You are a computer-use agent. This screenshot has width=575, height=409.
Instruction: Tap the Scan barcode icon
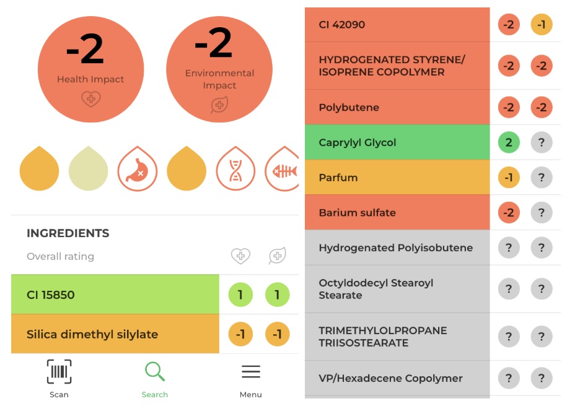pos(59,372)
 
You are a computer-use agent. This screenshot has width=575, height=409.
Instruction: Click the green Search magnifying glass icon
pos(155,371)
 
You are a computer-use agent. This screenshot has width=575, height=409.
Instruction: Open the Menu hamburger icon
pos(251,371)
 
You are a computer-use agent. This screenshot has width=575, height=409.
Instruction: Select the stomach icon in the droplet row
pos(137,169)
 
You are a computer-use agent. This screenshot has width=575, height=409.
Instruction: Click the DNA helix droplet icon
pos(235,169)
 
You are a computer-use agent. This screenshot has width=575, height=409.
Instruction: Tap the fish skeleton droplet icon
pos(282,169)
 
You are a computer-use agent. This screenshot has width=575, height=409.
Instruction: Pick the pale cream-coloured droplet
pos(89,169)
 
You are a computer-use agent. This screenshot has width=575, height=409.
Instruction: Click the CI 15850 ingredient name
pos(51,295)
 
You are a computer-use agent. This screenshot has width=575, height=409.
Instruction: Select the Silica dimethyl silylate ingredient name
pos(92,334)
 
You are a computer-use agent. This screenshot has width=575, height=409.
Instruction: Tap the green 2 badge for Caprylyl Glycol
pos(509,142)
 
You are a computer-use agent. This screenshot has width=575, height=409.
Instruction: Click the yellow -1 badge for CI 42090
pos(542,25)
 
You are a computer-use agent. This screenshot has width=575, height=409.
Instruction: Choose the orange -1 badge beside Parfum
pos(509,178)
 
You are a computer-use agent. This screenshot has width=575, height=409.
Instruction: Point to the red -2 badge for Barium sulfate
pos(509,212)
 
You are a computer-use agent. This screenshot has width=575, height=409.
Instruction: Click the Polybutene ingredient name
pos(349,108)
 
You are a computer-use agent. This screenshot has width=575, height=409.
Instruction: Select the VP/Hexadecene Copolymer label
pos(390,378)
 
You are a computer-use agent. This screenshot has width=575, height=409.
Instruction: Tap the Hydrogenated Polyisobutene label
pos(396,248)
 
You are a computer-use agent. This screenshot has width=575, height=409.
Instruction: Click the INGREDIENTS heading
pos(68,233)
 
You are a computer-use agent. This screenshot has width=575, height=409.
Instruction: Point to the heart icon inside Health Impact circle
pos(91,99)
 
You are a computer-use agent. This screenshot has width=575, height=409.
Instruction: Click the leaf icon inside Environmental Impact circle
pos(219,105)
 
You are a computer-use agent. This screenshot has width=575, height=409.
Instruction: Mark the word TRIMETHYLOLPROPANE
pos(383,330)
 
